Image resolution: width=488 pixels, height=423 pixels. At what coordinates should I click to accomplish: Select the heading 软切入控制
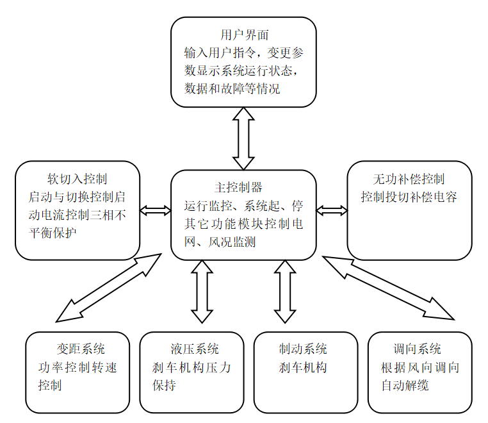click(x=77, y=179)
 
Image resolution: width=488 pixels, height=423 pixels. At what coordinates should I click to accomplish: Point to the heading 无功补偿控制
click(x=409, y=179)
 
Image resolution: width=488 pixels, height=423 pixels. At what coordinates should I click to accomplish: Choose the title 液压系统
click(x=194, y=349)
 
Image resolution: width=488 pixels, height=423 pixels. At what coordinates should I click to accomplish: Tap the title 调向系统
click(x=417, y=349)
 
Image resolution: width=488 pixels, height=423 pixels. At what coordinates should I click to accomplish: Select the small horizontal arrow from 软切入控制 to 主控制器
click(x=156, y=211)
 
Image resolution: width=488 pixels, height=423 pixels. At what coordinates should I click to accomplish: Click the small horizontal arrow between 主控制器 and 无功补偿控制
click(x=332, y=211)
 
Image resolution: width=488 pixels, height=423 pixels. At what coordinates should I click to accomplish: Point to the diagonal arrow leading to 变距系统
click(x=108, y=288)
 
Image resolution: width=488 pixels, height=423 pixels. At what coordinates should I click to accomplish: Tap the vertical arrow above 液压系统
click(x=202, y=291)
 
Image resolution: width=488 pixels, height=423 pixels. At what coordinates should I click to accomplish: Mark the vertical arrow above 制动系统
click(x=285, y=291)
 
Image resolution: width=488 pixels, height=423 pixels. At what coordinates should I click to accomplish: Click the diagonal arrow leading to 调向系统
click(x=388, y=288)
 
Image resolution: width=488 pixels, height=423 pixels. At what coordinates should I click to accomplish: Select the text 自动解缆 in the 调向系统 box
click(x=405, y=385)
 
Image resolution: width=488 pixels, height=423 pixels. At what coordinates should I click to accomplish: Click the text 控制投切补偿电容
click(x=409, y=197)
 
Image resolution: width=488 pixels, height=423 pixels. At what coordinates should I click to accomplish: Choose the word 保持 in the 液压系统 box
click(x=165, y=385)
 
